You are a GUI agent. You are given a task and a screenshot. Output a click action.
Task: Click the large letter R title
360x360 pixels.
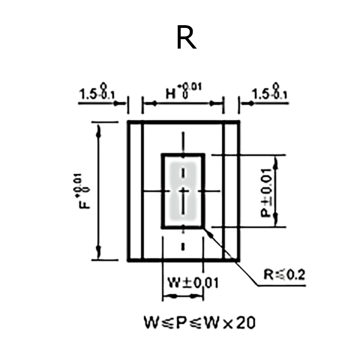coord(186,38)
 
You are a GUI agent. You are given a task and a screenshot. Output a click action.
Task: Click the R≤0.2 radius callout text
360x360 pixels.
coord(284,274)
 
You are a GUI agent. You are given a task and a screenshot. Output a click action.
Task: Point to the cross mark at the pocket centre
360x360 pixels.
coord(183,192)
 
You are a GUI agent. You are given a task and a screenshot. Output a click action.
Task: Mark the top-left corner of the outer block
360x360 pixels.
coord(128,122)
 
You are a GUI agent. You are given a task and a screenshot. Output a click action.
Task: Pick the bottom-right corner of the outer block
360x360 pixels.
coord(239,260)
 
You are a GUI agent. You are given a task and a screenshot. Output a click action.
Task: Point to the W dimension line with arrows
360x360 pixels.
coord(183,296)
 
